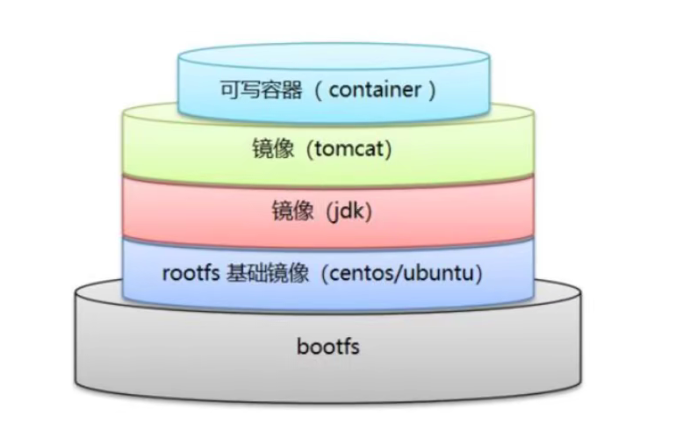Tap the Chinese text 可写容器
(x=255, y=89)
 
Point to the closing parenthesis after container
(x=431, y=89)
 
